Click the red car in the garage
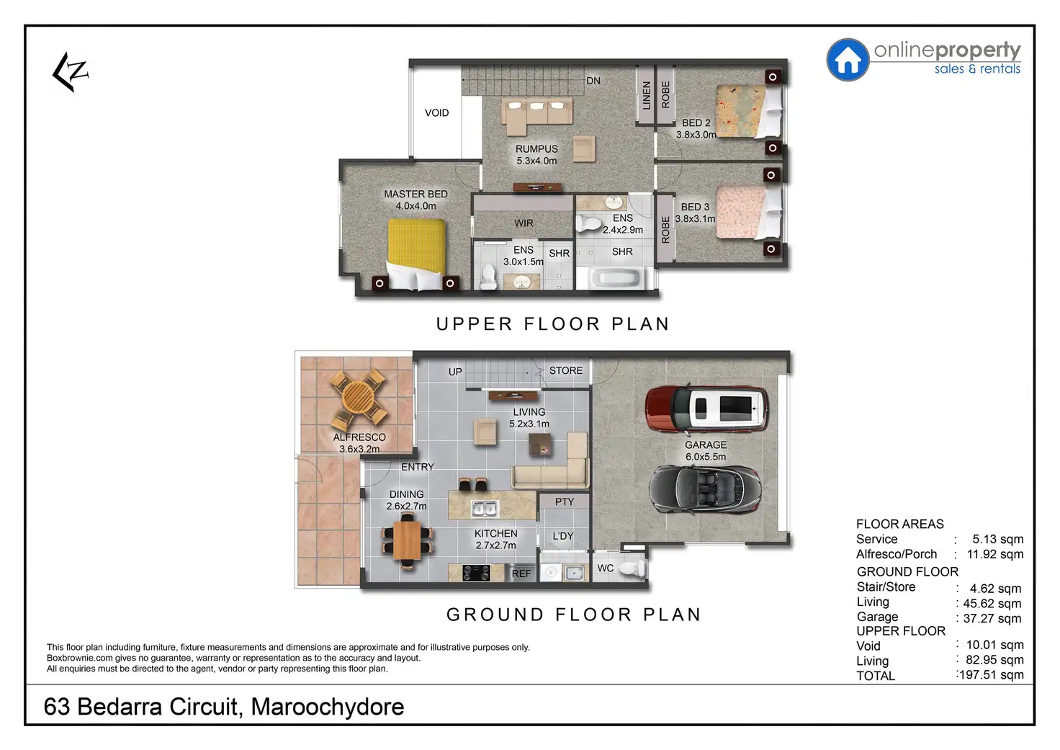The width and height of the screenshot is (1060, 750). (x=706, y=409)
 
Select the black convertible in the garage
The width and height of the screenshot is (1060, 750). (x=705, y=489)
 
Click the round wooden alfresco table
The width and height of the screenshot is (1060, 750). (x=358, y=398)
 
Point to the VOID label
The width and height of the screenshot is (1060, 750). (x=436, y=112)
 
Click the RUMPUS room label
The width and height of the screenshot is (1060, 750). (x=536, y=148)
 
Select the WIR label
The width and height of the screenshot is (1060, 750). (x=524, y=223)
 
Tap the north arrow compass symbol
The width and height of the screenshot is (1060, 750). (x=71, y=71)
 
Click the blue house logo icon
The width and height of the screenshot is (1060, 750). (x=848, y=60)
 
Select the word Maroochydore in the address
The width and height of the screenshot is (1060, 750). (x=328, y=707)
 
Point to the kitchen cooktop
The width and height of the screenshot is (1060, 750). (x=476, y=573)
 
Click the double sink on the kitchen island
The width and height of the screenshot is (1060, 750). (x=484, y=509)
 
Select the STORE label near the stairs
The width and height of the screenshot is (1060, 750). (x=566, y=370)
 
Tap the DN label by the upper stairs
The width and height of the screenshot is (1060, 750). (x=593, y=81)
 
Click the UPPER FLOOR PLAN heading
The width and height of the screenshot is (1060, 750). (x=552, y=324)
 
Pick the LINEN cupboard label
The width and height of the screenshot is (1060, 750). (x=647, y=94)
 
